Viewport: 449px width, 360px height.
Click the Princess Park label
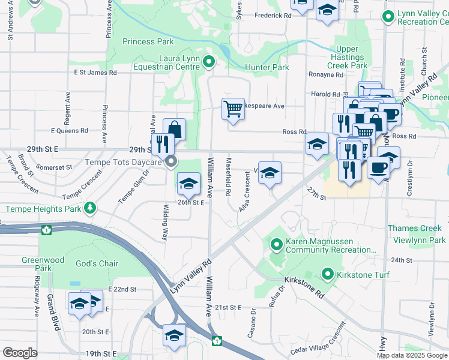click(x=148, y=42)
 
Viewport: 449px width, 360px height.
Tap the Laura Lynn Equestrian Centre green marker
click(x=209, y=61)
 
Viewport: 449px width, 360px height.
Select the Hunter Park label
click(x=267, y=68)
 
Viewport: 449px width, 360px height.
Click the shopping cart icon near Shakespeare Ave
click(x=233, y=109)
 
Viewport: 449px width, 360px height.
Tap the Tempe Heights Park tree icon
click(x=90, y=208)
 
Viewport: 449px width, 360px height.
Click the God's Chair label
click(x=97, y=263)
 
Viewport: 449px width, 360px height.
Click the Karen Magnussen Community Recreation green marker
click(x=277, y=244)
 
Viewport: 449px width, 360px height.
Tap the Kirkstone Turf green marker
click(x=328, y=275)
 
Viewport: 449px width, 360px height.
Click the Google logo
click(x=19, y=352)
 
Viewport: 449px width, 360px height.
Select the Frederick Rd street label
click(x=273, y=16)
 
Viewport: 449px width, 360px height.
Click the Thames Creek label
click(x=414, y=228)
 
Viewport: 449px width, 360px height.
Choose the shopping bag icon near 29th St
click(x=174, y=129)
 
